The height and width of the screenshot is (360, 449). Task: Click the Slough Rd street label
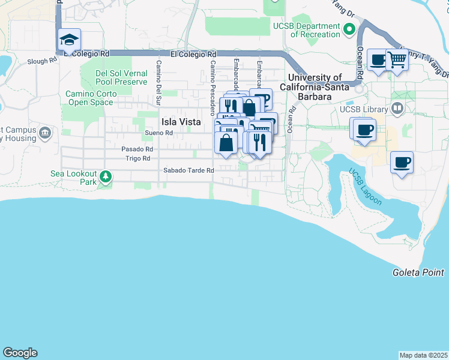tap(41, 61)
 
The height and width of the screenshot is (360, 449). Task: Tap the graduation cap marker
tap(69, 41)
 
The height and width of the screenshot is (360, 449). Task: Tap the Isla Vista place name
tap(181, 121)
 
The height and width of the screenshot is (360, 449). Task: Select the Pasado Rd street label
tap(137, 149)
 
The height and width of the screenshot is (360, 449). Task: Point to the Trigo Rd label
tap(137, 158)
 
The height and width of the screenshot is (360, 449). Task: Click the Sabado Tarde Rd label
tap(189, 170)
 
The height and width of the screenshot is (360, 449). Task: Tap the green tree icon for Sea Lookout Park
tap(106, 176)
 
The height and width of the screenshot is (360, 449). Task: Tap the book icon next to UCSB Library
tap(396, 109)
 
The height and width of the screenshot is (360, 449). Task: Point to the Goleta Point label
tap(418, 272)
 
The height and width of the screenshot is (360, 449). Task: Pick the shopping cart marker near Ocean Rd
tap(397, 60)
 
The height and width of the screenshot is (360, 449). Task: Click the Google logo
tap(20, 353)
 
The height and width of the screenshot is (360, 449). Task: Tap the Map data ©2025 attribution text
tap(423, 355)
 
